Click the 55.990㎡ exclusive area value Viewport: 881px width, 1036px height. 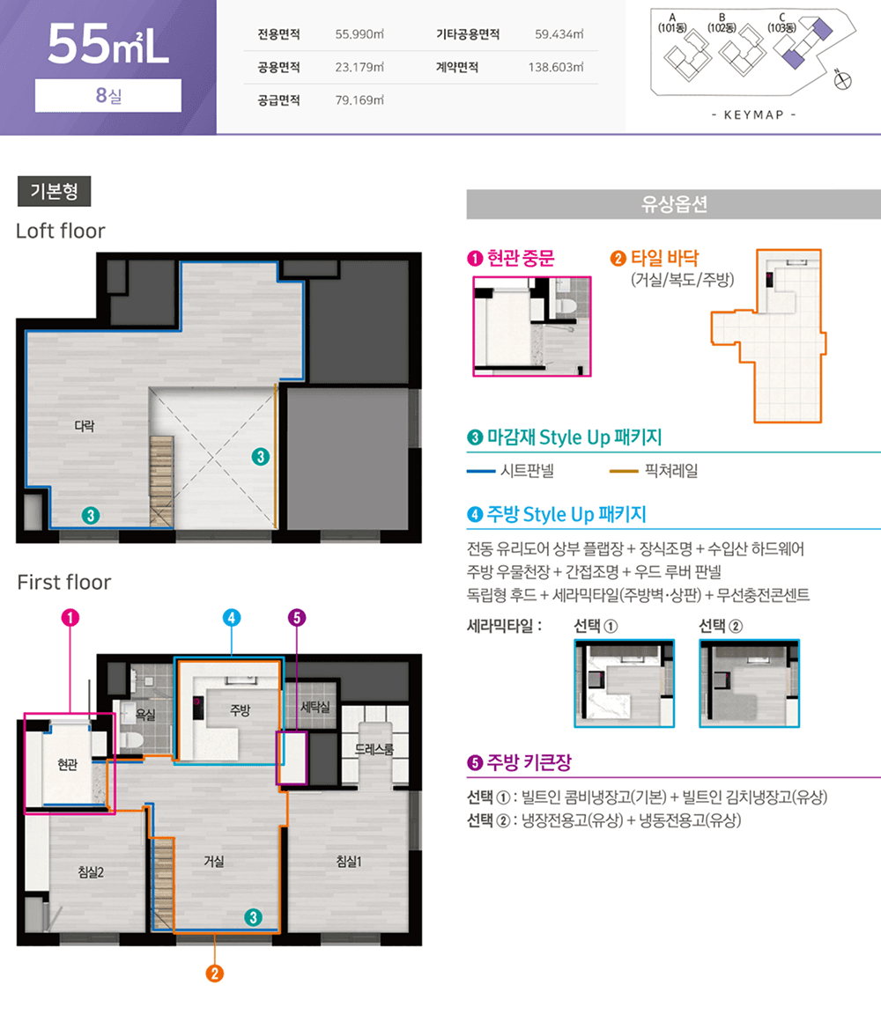pyautogui.click(x=359, y=34)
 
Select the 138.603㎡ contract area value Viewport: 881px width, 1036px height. pyautogui.click(x=556, y=68)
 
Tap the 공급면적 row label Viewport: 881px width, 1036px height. pyautogui.click(x=278, y=100)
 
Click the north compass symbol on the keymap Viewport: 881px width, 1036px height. pyautogui.click(x=842, y=80)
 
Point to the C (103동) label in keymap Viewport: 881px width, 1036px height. pyautogui.click(x=781, y=23)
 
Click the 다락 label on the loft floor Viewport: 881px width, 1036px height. pyautogui.click(x=84, y=426)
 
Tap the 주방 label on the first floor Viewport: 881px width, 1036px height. pyautogui.click(x=241, y=710)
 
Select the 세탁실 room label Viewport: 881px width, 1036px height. pyautogui.click(x=315, y=707)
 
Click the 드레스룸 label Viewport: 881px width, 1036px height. pyautogui.click(x=374, y=749)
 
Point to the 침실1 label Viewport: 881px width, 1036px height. pyautogui.click(x=349, y=862)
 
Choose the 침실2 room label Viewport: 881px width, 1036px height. pyautogui.click(x=91, y=872)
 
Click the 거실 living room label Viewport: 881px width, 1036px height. pyautogui.click(x=213, y=862)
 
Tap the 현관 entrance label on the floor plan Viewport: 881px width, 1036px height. pyautogui.click(x=68, y=764)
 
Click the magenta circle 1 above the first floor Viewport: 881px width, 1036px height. pyautogui.click(x=70, y=618)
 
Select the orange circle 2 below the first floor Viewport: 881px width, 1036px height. pyautogui.click(x=214, y=974)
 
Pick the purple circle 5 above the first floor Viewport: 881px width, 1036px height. pyautogui.click(x=297, y=618)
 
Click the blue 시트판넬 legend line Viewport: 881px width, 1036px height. pyautogui.click(x=481, y=471)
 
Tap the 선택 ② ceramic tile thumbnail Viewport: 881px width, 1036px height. pyautogui.click(x=750, y=683)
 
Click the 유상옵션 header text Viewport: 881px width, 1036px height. pyautogui.click(x=674, y=204)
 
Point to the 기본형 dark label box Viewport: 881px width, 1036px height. pyautogui.click(x=55, y=192)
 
